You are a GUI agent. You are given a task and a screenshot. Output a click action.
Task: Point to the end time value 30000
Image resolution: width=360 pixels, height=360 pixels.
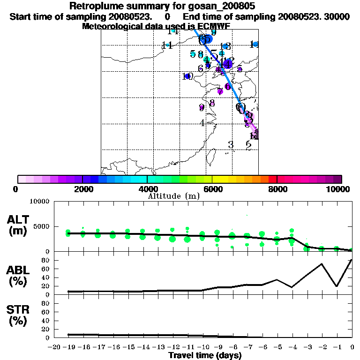click(336, 17)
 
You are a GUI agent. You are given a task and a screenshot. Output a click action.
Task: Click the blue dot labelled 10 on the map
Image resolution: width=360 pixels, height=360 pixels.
click(187, 76)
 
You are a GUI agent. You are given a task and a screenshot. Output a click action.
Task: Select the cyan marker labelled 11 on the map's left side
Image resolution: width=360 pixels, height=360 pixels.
click(167, 45)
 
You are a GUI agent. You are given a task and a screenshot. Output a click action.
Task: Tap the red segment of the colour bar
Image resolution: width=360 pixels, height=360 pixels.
click(272, 179)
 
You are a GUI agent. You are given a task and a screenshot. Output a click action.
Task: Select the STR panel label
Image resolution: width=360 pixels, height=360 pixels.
click(19, 315)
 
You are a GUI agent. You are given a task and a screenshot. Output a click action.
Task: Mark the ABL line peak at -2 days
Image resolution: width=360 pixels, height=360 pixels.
click(322, 263)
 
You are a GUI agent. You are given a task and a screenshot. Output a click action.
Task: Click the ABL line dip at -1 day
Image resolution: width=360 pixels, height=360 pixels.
click(337, 286)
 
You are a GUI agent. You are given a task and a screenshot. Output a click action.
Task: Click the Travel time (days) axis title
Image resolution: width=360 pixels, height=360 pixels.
click(205, 356)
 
